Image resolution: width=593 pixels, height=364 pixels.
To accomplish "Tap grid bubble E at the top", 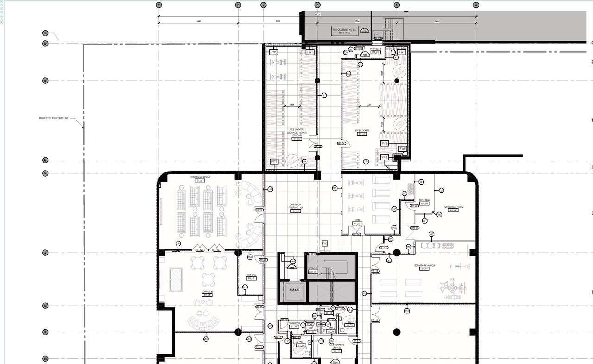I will pos(159,5).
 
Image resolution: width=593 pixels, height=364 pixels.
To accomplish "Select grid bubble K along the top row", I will pos(264,5).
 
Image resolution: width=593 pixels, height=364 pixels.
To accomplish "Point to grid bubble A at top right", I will pos(476,5).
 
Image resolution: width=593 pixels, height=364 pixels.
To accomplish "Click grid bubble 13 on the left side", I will pos(45,33).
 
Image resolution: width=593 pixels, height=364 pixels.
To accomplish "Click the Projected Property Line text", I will pos(54,118).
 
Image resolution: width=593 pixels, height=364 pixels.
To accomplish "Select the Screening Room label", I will pos(200,178).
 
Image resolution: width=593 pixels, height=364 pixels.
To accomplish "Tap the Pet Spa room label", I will pos(252,275).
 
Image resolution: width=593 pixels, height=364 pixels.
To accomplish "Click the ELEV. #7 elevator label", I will pos(295,290).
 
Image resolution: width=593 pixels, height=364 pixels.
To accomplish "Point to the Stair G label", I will pos(313,268).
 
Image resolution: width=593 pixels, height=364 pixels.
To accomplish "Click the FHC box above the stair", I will pos(325,243).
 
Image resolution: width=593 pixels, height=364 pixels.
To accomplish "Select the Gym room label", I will pos(357,220).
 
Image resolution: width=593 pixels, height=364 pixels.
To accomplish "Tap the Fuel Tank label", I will pos(424,201).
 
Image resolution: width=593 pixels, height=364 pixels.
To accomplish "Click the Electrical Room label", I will pos(453,207).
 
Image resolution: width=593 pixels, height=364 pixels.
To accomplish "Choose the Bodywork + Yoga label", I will pos(424,266).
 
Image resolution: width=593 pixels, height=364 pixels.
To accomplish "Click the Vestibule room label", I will pos(376,49).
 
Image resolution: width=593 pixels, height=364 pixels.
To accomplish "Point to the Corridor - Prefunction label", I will pos(296,206).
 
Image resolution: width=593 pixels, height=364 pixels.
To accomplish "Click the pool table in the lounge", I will pos(176,280).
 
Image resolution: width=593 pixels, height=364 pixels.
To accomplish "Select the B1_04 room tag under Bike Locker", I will pos(362,134).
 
